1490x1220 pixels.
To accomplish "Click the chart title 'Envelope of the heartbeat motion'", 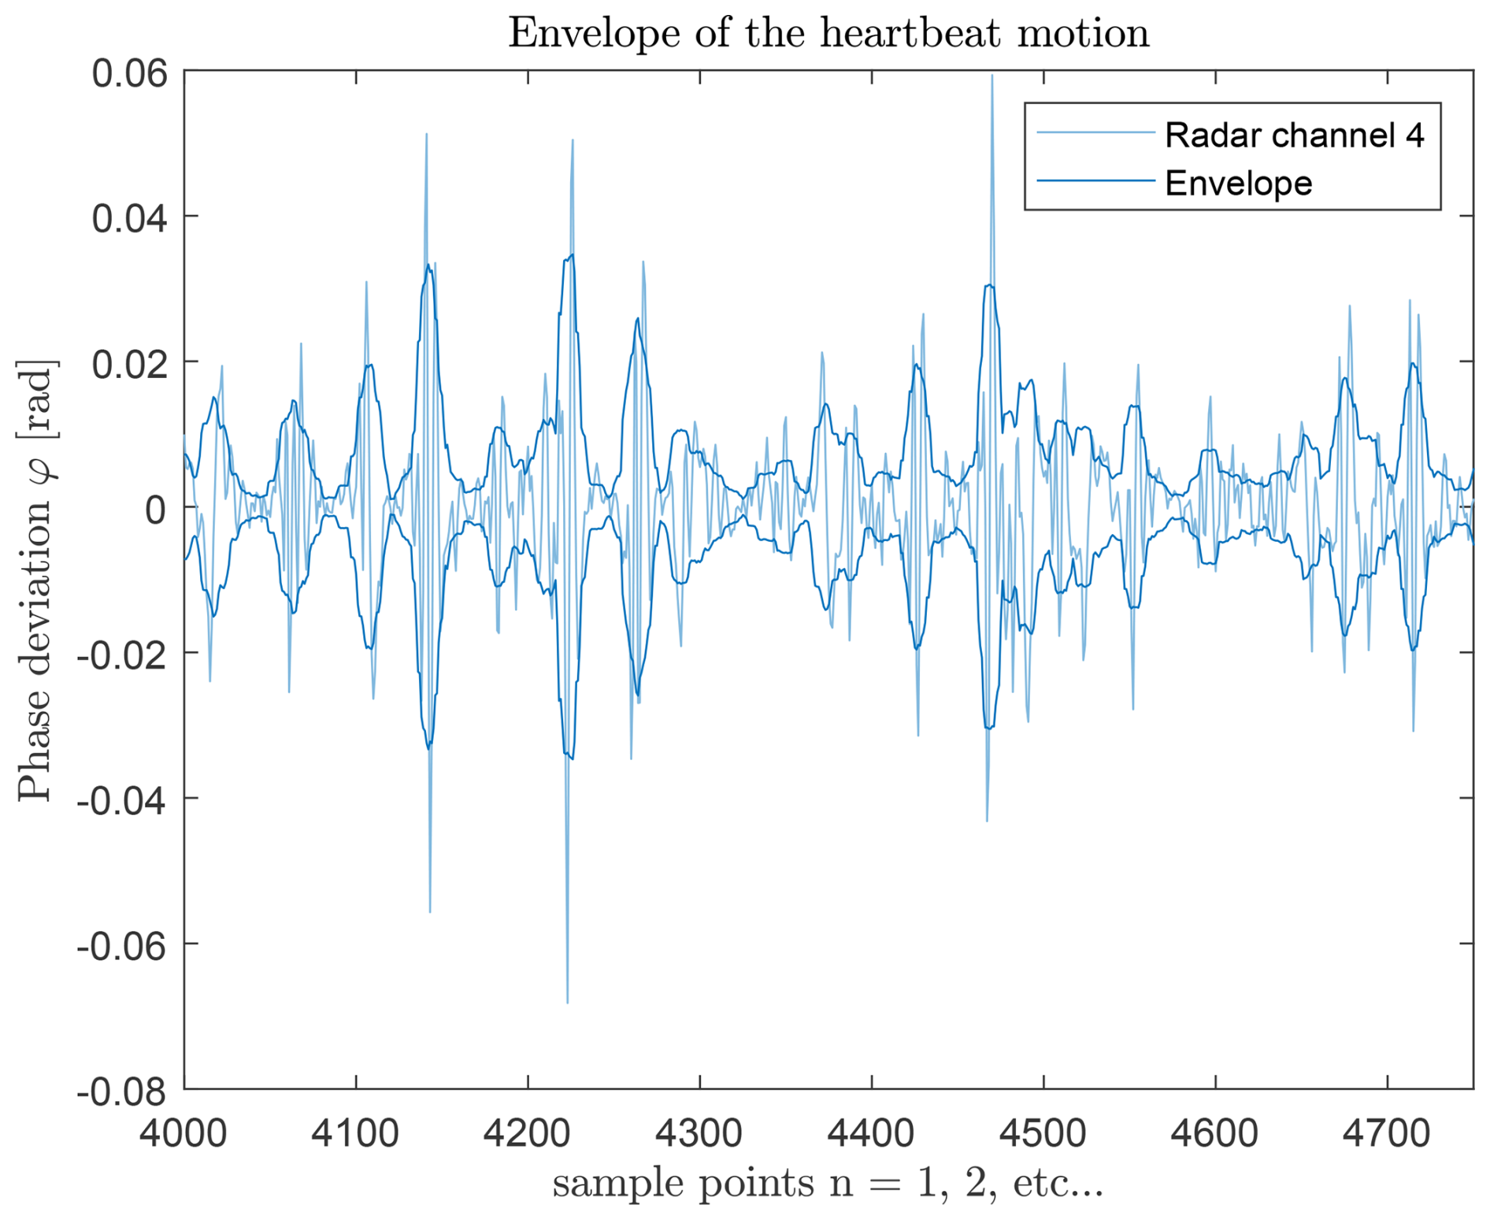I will click(x=828, y=33).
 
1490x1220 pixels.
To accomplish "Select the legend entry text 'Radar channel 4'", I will click(x=1294, y=135).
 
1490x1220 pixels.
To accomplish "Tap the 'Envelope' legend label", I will click(x=1238, y=183).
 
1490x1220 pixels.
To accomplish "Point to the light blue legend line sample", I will click(x=1095, y=133).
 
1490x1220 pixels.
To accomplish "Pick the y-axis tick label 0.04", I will click(x=130, y=219).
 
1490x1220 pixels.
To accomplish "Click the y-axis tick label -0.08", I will click(x=122, y=1092).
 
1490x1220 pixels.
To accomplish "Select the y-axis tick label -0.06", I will click(x=122, y=946).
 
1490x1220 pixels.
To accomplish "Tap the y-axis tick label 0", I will click(x=155, y=510).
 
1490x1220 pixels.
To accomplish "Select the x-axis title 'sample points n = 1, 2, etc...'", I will click(x=828, y=1184).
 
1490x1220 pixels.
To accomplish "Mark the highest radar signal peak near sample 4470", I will click(x=991, y=76).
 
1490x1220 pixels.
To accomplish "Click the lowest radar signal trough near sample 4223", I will click(x=567, y=1003).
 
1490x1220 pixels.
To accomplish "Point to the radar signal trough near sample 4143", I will click(x=429, y=912).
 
